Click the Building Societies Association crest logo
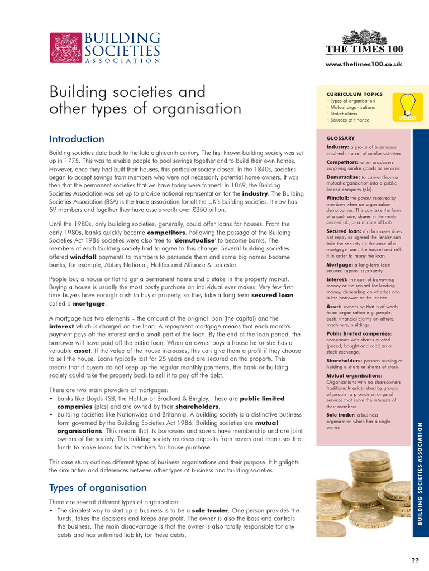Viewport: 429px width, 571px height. point(65,49)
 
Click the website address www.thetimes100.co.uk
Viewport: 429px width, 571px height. point(364,64)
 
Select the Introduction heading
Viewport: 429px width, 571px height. point(77,139)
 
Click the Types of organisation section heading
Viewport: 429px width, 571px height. point(98,487)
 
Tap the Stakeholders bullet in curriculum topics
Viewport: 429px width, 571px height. point(346,113)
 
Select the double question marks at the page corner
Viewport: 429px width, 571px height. point(415,560)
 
